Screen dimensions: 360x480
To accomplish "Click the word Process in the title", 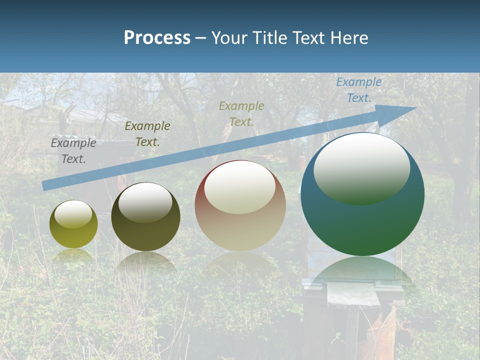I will point(157,38).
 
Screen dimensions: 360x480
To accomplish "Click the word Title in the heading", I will point(268,38).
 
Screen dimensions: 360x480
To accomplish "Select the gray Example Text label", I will point(73,151).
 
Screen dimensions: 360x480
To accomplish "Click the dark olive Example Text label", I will point(147,134).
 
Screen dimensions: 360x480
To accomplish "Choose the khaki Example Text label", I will point(241,113).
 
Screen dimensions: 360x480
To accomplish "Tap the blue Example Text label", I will point(359,90).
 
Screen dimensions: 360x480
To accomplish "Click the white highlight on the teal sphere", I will point(361,169).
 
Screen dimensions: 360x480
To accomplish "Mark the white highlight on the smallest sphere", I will point(73,214).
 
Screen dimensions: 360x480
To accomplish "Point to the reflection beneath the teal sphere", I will point(362,272).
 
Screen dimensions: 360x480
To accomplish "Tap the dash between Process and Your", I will point(200,38).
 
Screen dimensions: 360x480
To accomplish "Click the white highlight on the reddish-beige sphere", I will point(240,187).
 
